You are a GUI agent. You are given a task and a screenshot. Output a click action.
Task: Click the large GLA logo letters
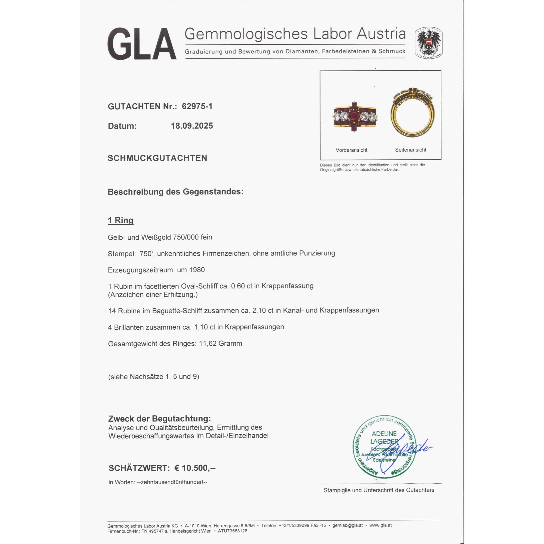142,44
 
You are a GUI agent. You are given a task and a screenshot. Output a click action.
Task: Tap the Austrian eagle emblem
428,43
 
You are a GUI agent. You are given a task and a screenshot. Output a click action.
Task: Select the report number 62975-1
197,106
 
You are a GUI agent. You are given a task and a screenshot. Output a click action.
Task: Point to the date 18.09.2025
192,126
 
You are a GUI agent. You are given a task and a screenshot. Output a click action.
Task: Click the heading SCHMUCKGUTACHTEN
157,158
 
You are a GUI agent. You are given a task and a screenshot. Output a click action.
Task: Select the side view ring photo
413,113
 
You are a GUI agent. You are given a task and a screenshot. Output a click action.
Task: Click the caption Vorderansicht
351,150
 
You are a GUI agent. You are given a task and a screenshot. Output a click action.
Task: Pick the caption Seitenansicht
410,150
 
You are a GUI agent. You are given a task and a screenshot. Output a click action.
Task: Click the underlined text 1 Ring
120,220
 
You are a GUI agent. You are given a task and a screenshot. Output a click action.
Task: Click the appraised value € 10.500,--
195,468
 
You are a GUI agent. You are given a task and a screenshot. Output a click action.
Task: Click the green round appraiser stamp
384,447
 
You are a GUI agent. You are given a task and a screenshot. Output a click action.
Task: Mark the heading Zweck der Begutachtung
159,419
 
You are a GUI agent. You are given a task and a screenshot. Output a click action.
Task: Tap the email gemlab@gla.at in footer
347,525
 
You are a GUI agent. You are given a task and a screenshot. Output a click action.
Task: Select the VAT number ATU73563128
232,531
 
